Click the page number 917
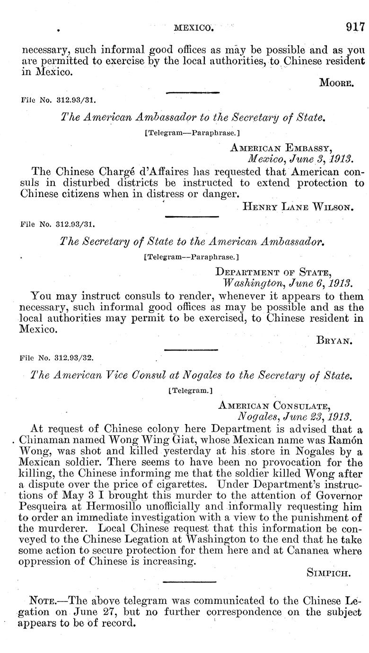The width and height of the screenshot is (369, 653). tap(355, 26)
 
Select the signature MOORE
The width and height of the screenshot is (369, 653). tap(336, 83)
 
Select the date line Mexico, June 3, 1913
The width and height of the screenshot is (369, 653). tap(300, 159)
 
